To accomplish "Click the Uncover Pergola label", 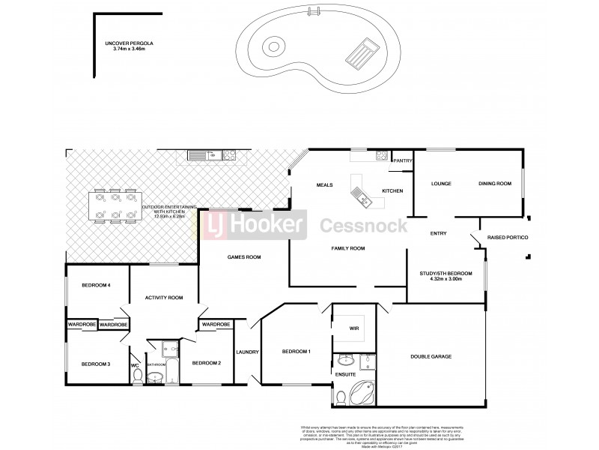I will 130,44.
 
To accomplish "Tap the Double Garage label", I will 431,357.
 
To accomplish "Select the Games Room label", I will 244,257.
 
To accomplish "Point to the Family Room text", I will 348,247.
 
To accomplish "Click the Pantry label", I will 403,160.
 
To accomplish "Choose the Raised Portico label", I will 508,238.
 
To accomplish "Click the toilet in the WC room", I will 136,377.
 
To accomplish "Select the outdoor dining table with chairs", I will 115,205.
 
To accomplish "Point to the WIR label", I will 353,328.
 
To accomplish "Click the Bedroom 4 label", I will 96,285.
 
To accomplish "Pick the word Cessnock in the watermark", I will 364,224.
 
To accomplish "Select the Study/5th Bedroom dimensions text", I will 446,278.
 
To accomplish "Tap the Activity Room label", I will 165,298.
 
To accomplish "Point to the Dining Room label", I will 495,184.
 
